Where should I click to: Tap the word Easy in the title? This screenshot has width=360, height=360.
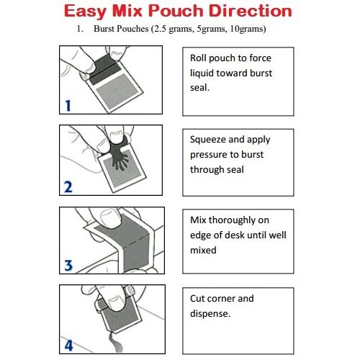pyautogui.click(x=89, y=12)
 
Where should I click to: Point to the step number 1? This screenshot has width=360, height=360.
pyautogui.click(x=66, y=106)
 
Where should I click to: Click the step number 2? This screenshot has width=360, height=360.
pyautogui.click(x=67, y=187)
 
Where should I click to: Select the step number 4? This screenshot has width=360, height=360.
pyautogui.click(x=67, y=344)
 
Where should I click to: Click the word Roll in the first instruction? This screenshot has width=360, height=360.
pyautogui.click(x=199, y=58)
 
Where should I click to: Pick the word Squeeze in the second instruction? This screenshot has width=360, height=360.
pyautogui.click(x=210, y=140)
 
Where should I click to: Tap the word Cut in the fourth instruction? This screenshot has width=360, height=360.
pyautogui.click(x=198, y=298)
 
